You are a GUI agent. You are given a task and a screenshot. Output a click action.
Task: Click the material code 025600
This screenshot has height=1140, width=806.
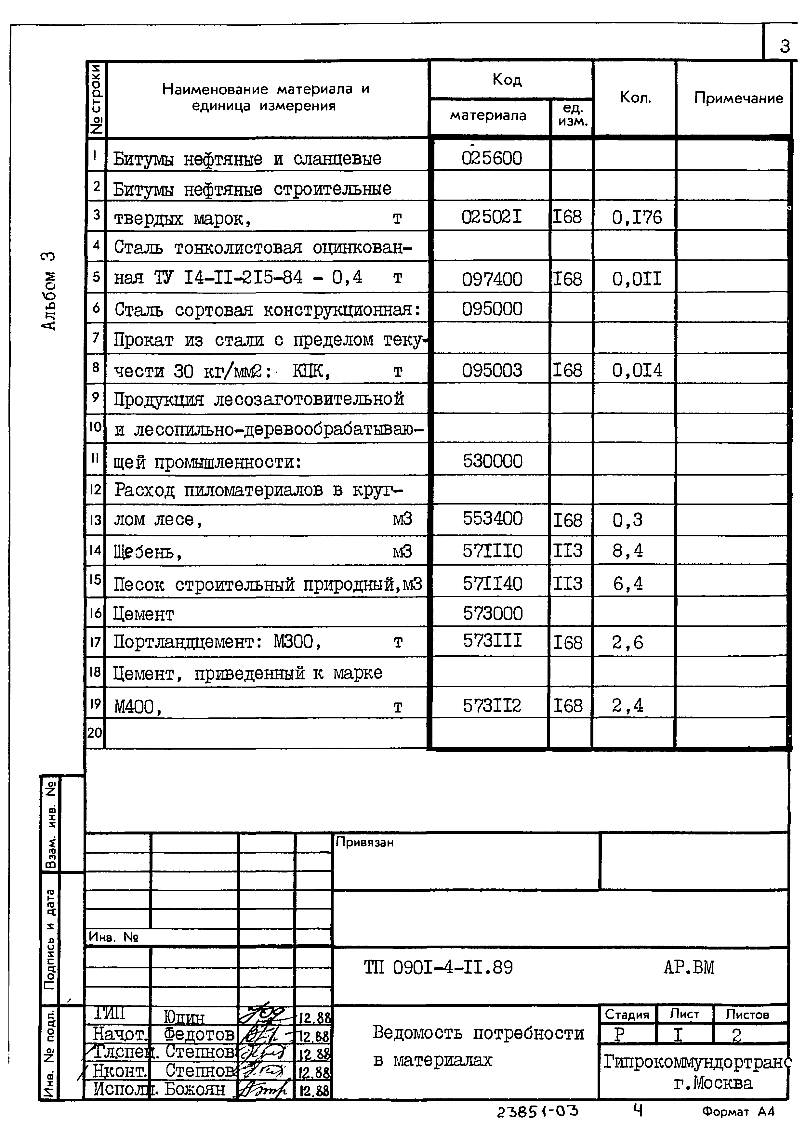coord(492,158)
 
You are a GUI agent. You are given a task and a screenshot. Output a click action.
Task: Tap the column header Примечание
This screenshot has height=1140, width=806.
coord(738,98)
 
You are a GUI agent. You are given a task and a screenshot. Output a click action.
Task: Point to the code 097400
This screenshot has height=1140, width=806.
coord(492,279)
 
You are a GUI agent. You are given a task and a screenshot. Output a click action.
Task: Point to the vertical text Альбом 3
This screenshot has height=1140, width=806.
coord(49,291)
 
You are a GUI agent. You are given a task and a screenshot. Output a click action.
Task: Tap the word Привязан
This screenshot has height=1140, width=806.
coord(364,842)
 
